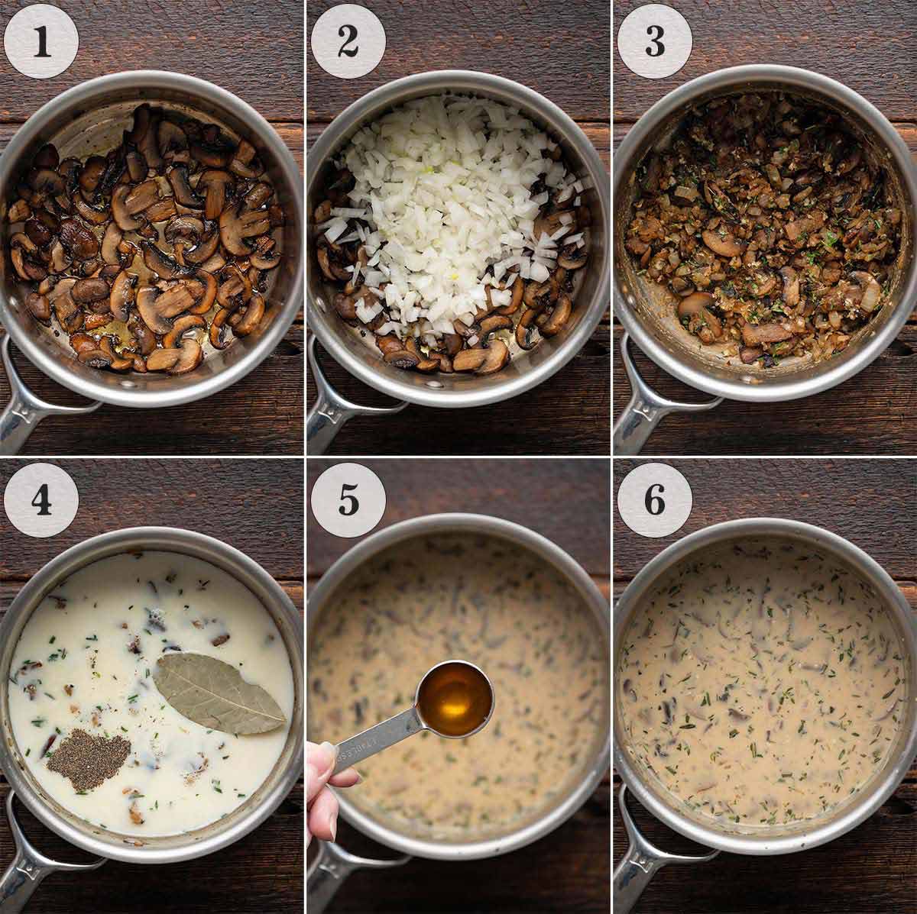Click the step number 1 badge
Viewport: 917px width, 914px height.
[x=41, y=42]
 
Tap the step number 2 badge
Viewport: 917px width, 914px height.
[x=348, y=42]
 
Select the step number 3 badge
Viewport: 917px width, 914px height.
[x=654, y=42]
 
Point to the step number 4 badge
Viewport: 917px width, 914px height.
[x=41, y=500]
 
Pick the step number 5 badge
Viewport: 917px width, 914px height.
[x=348, y=500]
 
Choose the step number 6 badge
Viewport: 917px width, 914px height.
[x=654, y=500]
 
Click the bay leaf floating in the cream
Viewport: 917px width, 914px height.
[x=219, y=693]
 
